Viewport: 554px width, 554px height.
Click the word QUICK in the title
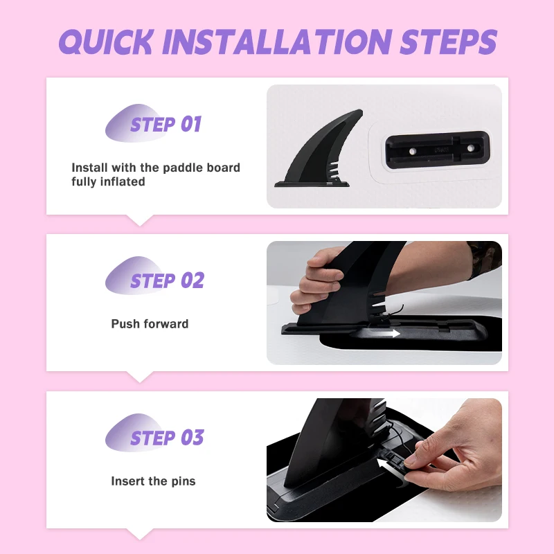tap(106, 42)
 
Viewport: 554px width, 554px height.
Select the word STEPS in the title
tap(449, 42)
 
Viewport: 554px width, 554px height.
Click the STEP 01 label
tap(166, 125)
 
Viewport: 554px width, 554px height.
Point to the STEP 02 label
tap(168, 280)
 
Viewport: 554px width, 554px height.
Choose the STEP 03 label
tap(168, 438)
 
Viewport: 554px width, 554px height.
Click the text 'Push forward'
tap(150, 324)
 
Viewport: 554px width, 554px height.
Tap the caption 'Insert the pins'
tap(153, 481)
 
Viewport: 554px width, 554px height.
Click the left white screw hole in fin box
tap(412, 152)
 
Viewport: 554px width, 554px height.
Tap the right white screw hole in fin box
tap(471, 148)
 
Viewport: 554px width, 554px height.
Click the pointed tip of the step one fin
tap(360, 111)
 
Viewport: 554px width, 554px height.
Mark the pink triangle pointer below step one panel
tap(140, 220)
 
